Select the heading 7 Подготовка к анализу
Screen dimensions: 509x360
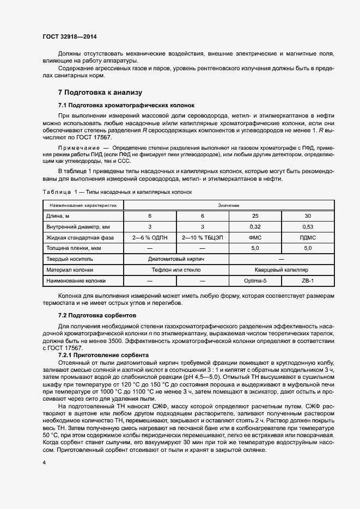pyautogui.click(x=100, y=93)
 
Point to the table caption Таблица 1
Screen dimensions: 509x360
pyautogui.click(x=58, y=191)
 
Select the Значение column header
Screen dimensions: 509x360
pyautogui.click(x=228, y=205)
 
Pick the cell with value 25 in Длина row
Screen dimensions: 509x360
pyautogui.click(x=255, y=216)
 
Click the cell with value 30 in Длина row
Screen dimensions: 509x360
pyautogui.click(x=308, y=216)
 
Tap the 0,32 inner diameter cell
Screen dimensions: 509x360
pyautogui.click(x=255, y=226)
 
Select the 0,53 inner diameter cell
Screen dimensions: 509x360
pyautogui.click(x=308, y=226)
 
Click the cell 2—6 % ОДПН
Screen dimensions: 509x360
pyautogui.click(x=150, y=237)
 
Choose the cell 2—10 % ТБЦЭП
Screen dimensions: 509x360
pyautogui.click(x=202, y=237)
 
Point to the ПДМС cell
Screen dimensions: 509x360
pyautogui.click(x=308, y=237)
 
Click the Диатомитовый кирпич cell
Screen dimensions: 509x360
pyautogui.click(x=176, y=259)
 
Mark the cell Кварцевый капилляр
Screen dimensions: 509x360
pyautogui.click(x=281, y=269)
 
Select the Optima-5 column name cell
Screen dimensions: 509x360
pyautogui.click(x=255, y=280)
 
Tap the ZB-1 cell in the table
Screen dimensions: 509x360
pyautogui.click(x=308, y=280)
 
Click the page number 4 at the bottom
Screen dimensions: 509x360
pyautogui.click(x=44, y=462)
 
